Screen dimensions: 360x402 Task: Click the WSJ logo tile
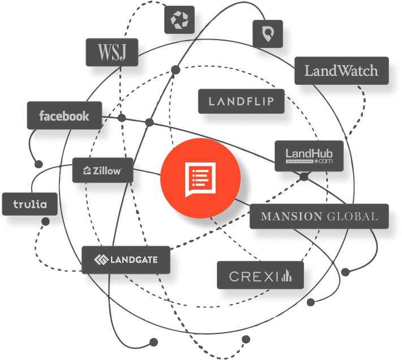[x=111, y=52]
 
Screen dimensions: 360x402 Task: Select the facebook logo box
[x=64, y=116]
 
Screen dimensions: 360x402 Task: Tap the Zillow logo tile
[x=102, y=170]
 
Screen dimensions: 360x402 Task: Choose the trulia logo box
[x=29, y=204]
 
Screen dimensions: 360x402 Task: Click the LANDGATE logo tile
[x=125, y=260]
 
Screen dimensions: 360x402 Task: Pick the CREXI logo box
[x=260, y=276]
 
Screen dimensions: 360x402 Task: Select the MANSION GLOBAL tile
[x=319, y=216]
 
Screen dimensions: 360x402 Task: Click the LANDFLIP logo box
[x=241, y=101]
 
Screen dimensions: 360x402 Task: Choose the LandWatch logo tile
[x=341, y=71]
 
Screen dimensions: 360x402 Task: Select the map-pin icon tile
[x=267, y=35]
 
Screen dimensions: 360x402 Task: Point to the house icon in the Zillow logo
[x=88, y=170]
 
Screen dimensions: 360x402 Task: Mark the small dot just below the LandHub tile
[x=304, y=177]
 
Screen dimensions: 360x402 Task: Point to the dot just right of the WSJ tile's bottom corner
[x=176, y=70]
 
